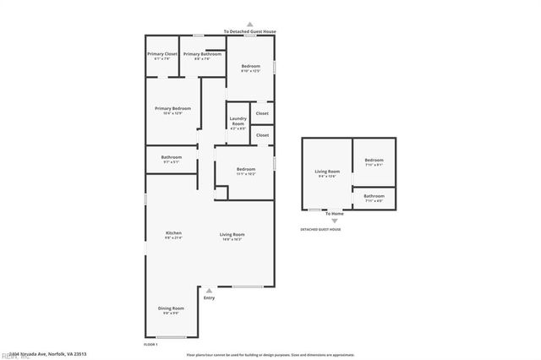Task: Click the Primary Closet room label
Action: (161, 54)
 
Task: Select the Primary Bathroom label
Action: (202, 54)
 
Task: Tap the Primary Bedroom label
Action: (172, 108)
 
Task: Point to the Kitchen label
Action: (173, 233)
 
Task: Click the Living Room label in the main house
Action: (232, 234)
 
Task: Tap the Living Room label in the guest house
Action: (327, 172)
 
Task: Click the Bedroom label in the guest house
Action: (374, 161)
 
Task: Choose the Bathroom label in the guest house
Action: (374, 196)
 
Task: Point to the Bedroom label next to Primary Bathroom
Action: (250, 66)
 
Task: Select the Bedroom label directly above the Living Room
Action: (245, 169)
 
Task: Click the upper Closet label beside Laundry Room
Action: (262, 112)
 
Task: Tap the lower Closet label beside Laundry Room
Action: (262, 134)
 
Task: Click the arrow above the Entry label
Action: (209, 290)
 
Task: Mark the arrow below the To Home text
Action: (334, 221)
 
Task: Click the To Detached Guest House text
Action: (249, 31)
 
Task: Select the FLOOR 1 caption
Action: (151, 344)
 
